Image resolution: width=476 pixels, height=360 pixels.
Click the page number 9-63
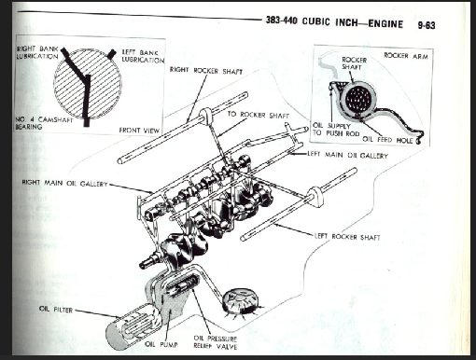(x=427, y=25)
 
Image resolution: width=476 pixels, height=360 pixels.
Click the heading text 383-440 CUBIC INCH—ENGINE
(x=334, y=22)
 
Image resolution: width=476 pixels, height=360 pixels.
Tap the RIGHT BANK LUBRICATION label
(x=37, y=52)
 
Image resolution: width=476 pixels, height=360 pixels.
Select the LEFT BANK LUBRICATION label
(x=143, y=56)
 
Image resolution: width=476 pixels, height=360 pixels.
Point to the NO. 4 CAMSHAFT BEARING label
(x=44, y=123)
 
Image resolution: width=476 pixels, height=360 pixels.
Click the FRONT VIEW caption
(x=139, y=131)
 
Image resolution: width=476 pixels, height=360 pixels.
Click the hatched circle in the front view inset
(x=88, y=84)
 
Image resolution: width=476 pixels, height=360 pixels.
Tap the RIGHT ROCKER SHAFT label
(x=206, y=71)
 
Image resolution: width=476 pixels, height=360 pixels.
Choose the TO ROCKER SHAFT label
(x=259, y=115)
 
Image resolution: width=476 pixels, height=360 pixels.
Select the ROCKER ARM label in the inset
(x=406, y=56)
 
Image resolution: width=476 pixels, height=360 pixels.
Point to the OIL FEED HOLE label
(x=387, y=140)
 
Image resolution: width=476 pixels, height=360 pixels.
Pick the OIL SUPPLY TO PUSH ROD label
(x=336, y=130)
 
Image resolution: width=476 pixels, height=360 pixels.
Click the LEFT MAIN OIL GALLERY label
(x=347, y=155)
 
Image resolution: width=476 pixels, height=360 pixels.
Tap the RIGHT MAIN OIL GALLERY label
(x=64, y=183)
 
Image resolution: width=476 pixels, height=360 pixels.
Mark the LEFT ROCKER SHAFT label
(x=347, y=237)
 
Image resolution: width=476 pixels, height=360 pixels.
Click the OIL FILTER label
(x=56, y=310)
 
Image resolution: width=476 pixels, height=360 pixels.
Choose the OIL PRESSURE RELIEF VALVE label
(x=216, y=342)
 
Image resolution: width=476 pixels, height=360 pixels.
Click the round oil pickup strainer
(x=241, y=301)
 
